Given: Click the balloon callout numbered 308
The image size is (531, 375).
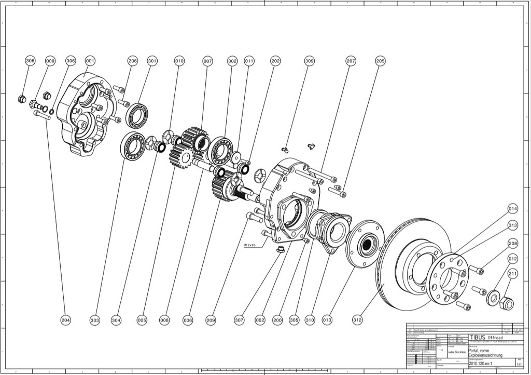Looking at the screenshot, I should [x=31, y=61].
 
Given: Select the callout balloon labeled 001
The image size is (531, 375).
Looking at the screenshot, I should [x=90, y=61].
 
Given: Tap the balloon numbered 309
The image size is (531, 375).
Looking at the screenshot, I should [x=309, y=61].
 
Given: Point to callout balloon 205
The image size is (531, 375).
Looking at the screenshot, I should [x=380, y=61].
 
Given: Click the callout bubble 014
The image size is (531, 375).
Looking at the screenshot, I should [x=512, y=209].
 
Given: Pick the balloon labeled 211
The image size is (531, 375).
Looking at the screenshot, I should [x=512, y=274].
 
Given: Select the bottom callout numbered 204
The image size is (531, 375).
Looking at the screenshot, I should [x=65, y=320].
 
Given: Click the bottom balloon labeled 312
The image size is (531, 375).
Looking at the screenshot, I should [x=357, y=320].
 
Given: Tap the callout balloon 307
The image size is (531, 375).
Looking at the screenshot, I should [x=239, y=320].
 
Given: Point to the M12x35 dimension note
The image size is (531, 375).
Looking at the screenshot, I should [x=251, y=244].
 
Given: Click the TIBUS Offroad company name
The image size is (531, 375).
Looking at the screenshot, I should [x=485, y=337].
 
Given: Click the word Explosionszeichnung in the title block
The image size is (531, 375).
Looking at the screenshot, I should [x=485, y=355].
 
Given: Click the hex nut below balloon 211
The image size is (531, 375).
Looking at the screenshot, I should [x=506, y=302].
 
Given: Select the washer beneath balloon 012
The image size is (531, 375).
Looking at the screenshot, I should [x=492, y=299].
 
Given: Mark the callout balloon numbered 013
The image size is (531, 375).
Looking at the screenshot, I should [x=327, y=320].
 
